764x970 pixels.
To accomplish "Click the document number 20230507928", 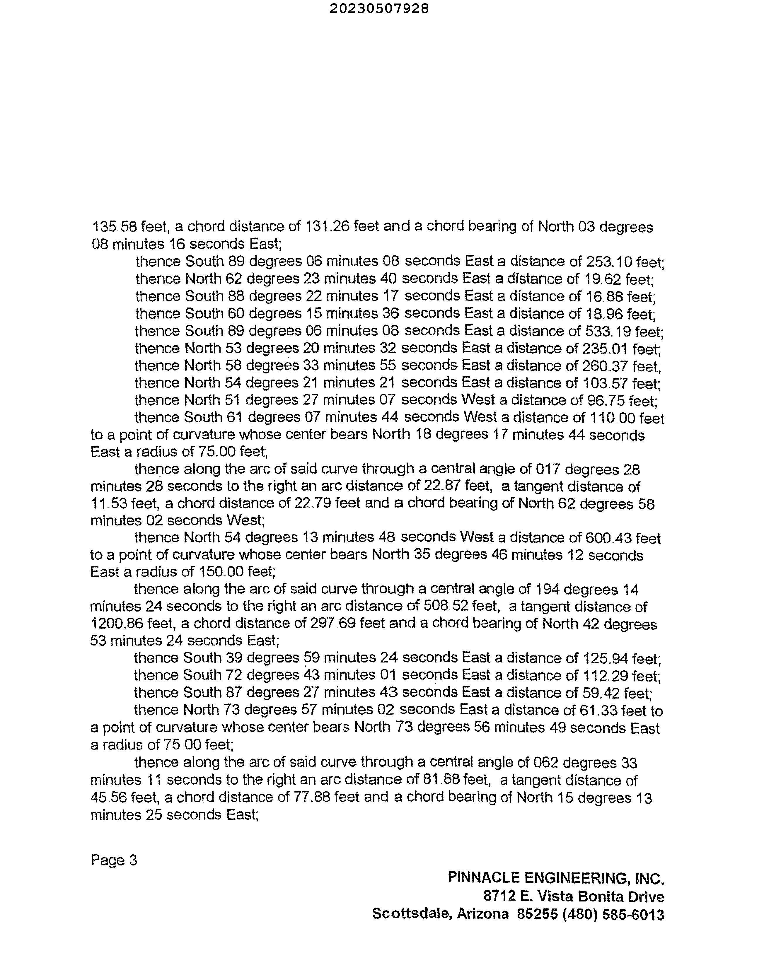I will click(x=379, y=8).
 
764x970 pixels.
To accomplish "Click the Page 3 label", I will click(x=114, y=860).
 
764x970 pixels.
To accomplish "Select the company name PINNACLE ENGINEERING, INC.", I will click(x=556, y=878).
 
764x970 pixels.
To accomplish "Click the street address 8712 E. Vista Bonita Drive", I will click(x=574, y=896).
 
